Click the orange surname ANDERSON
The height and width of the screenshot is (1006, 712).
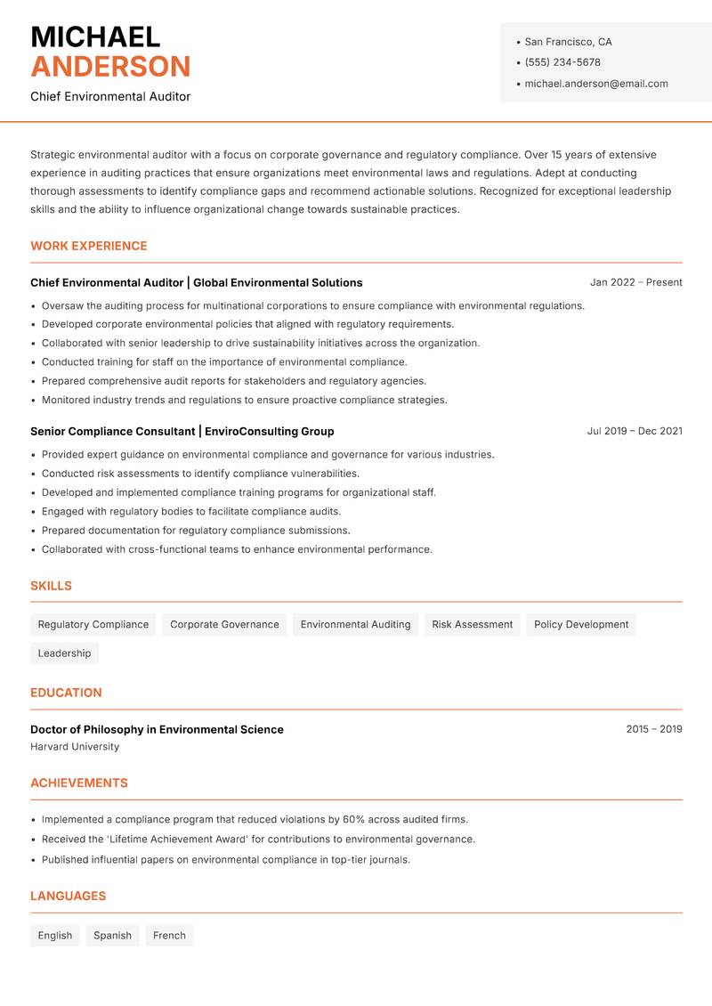(x=110, y=67)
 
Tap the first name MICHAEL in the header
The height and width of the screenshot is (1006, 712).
(x=95, y=37)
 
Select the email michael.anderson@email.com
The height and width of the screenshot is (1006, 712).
(x=595, y=84)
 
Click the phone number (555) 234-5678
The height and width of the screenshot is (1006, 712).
(x=562, y=62)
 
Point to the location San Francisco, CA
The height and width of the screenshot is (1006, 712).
(x=568, y=42)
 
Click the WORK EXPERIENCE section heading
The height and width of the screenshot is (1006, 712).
(x=89, y=246)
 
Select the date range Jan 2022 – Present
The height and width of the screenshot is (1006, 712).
(x=635, y=282)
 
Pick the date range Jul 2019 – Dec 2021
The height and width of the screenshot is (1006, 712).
(x=635, y=431)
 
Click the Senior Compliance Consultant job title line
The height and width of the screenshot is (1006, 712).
(x=182, y=431)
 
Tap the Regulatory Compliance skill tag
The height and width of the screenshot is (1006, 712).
(x=93, y=624)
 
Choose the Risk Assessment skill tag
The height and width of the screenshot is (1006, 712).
(x=472, y=624)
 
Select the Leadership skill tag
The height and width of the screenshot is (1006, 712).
(x=64, y=653)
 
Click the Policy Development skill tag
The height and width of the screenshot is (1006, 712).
(x=581, y=624)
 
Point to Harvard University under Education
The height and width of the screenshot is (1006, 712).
(x=75, y=747)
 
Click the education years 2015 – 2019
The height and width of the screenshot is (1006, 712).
(x=653, y=729)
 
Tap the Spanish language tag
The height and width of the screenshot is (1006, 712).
(x=112, y=936)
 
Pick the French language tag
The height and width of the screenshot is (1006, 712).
(x=169, y=936)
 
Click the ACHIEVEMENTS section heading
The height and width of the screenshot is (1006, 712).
(x=79, y=783)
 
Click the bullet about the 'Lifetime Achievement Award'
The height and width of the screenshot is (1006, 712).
(x=258, y=839)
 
